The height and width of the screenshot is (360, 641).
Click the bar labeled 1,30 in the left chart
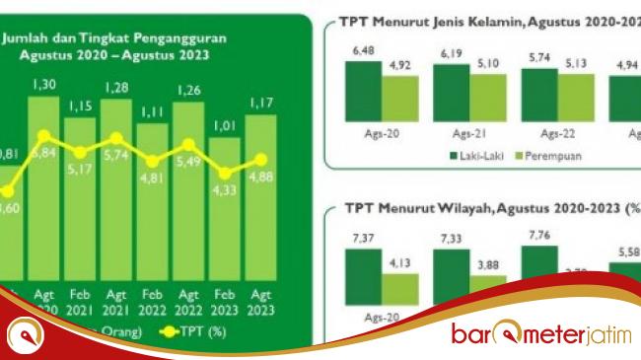(45, 187)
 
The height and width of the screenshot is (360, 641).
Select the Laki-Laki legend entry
(478, 156)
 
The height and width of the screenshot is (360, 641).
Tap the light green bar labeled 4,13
(400, 286)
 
